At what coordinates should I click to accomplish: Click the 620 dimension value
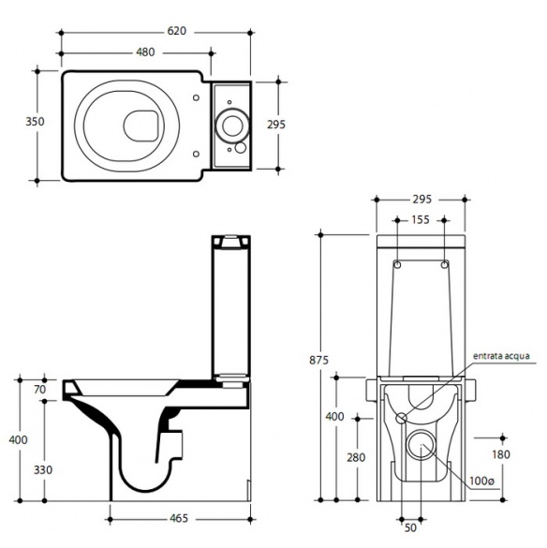pyautogui.click(x=176, y=31)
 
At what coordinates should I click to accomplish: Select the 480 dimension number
pyautogui.click(x=145, y=52)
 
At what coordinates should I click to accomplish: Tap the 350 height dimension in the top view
pyautogui.click(x=35, y=122)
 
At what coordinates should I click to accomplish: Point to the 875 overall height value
pyautogui.click(x=318, y=360)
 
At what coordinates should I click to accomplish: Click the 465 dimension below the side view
pyautogui.click(x=179, y=518)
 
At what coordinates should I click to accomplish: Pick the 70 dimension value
pyautogui.click(x=40, y=390)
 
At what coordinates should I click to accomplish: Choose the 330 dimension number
pyautogui.click(x=43, y=470)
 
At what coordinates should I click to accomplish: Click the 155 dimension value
pyautogui.click(x=421, y=220)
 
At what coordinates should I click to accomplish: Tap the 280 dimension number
pyautogui.click(x=356, y=457)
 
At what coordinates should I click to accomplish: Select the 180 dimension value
pyautogui.click(x=501, y=454)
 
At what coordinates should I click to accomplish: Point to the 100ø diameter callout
pyautogui.click(x=482, y=481)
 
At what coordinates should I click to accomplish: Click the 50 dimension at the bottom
pyautogui.click(x=410, y=527)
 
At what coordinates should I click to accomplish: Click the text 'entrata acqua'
pyautogui.click(x=501, y=356)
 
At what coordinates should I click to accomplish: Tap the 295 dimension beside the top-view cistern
pyautogui.click(x=276, y=125)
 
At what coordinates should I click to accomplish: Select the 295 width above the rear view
pyautogui.click(x=421, y=200)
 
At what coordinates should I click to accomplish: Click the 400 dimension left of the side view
pyautogui.click(x=18, y=439)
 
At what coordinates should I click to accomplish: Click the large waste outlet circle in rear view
pyautogui.click(x=421, y=444)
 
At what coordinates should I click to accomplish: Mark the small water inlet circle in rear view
pyautogui.click(x=401, y=418)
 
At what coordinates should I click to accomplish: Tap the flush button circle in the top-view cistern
pyautogui.click(x=231, y=126)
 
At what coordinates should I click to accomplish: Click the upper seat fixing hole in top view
pyautogui.click(x=196, y=97)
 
